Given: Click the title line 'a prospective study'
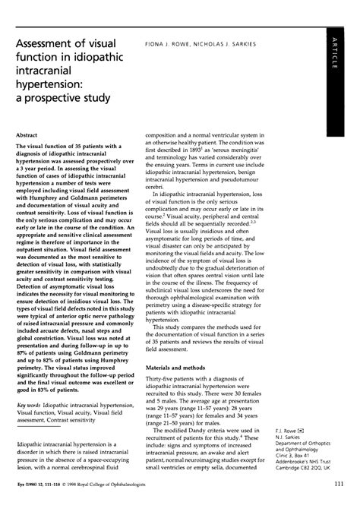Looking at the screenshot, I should pos(58,98).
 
